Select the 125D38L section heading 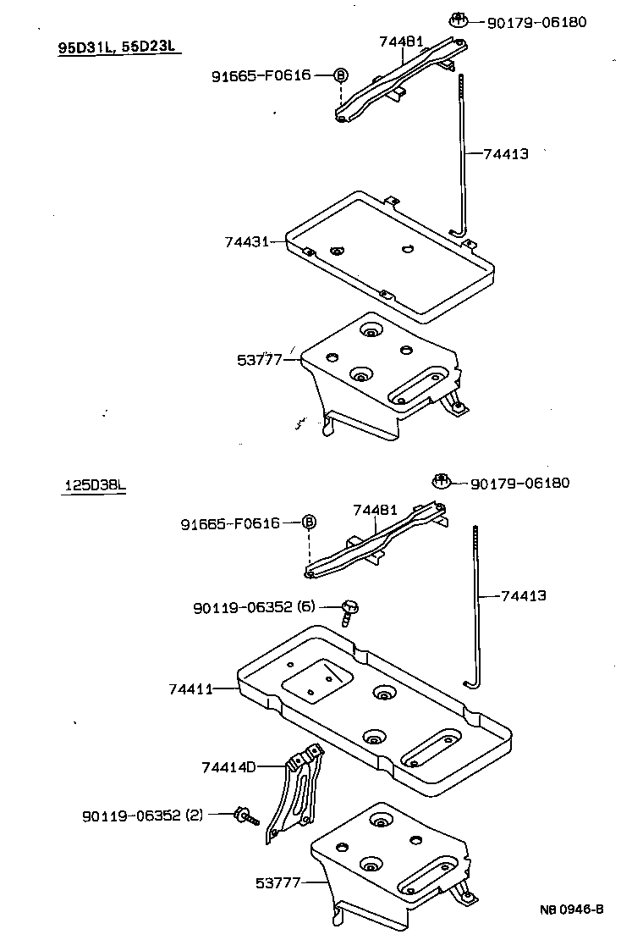click(95, 486)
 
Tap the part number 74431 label click(246, 241)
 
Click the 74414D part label click(228, 767)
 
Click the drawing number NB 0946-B click(573, 910)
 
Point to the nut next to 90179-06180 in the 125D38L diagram click(441, 482)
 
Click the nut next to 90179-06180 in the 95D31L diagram click(458, 20)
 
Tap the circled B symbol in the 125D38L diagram click(309, 522)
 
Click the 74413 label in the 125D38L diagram click(523, 596)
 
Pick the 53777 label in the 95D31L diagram click(258, 360)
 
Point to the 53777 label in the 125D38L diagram click(278, 882)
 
